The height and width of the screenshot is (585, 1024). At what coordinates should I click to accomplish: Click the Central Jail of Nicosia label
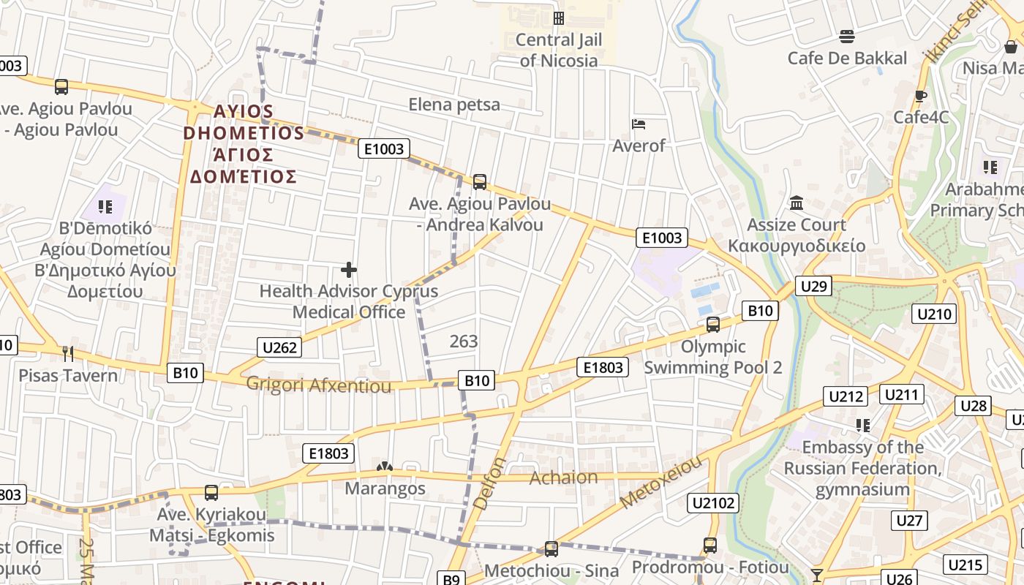tap(560, 50)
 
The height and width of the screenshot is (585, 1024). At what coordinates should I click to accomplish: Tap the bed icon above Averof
tap(639, 124)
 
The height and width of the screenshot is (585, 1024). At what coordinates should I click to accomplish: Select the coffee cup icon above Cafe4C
tap(921, 96)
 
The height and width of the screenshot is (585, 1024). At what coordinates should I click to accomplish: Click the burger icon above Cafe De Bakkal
tap(847, 37)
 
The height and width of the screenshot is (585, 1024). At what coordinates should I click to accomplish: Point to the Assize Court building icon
tap(797, 203)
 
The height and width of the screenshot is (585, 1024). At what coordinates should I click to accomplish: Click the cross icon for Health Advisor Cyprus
tap(349, 270)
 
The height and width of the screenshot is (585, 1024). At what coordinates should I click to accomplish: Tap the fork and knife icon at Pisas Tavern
tap(68, 354)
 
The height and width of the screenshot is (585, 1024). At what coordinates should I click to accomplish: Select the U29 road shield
tap(813, 285)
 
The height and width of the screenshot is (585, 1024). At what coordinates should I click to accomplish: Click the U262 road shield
tap(279, 347)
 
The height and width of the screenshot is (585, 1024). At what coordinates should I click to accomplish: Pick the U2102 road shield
tap(713, 502)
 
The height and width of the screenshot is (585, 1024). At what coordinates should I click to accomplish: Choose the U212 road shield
tap(846, 396)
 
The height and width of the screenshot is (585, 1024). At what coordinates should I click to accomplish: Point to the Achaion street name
tap(563, 478)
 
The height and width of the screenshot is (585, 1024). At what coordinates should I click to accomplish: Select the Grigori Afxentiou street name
tap(319, 385)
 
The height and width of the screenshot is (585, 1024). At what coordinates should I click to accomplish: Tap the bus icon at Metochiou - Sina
tap(551, 548)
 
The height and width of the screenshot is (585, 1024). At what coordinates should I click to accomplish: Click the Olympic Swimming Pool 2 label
tap(712, 357)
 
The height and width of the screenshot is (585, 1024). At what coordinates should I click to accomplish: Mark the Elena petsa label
tap(454, 105)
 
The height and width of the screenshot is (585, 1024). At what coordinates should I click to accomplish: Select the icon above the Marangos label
tap(384, 467)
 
